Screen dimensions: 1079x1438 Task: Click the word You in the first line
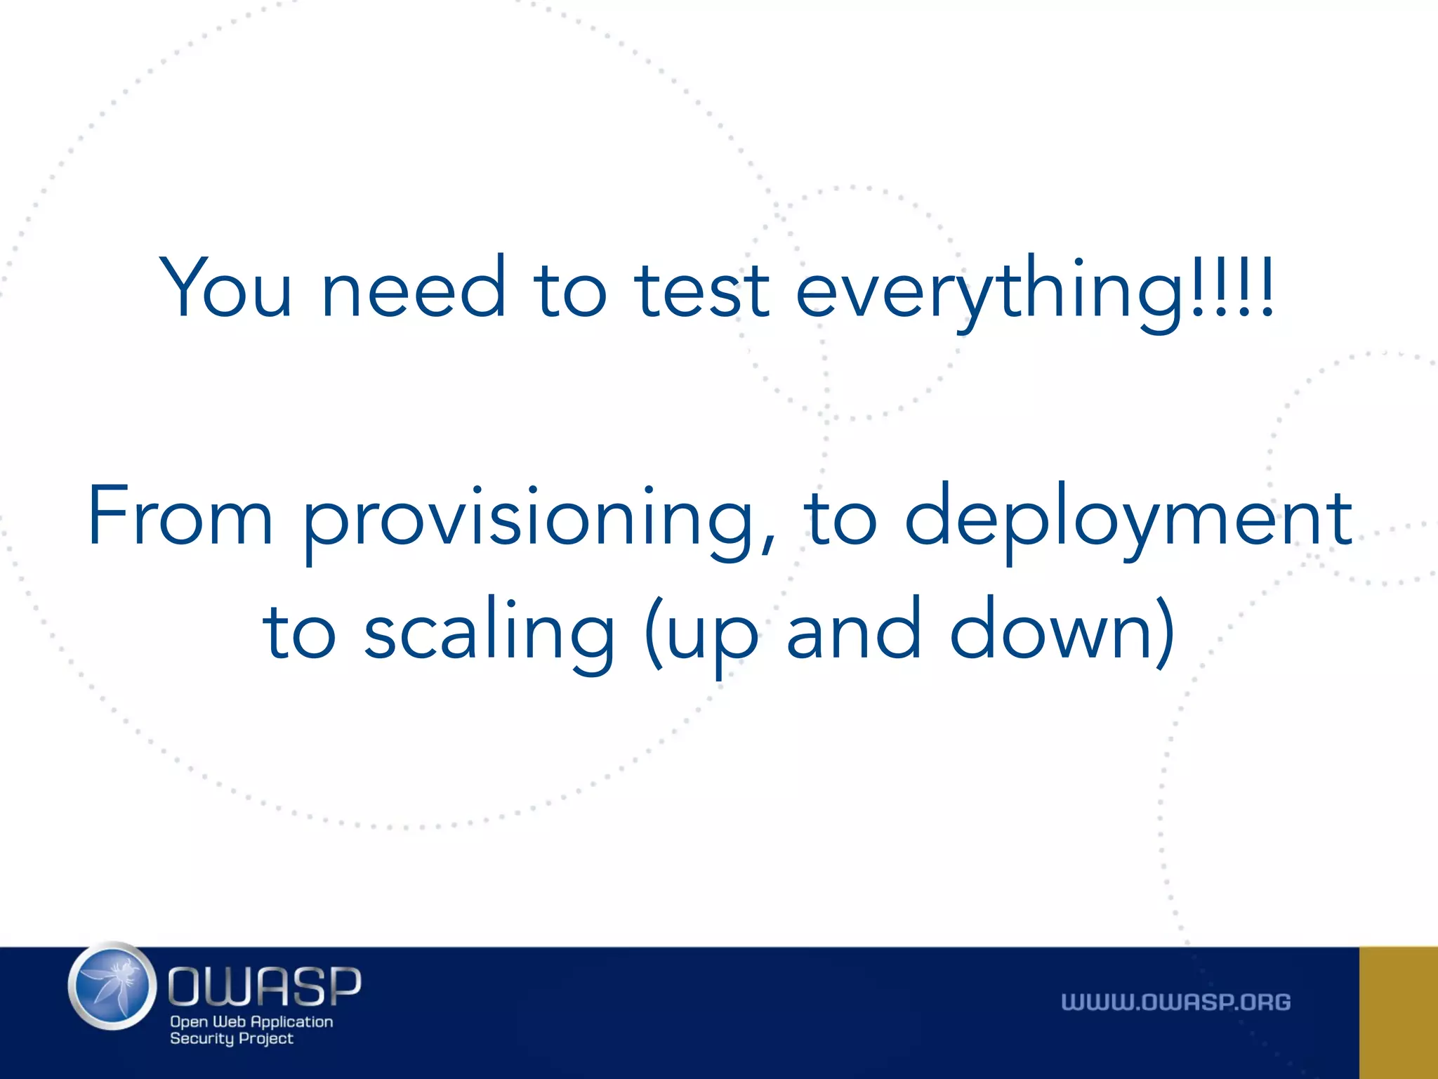(x=225, y=287)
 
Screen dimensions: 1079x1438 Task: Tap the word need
(x=413, y=287)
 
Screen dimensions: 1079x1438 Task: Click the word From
(x=180, y=516)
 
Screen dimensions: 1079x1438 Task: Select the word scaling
(x=489, y=632)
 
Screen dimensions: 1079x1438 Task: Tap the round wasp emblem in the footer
(x=112, y=986)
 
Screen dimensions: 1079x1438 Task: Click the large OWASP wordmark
(x=264, y=986)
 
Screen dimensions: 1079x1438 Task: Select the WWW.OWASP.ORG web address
(x=1175, y=1002)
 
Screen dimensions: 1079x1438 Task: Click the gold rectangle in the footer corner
(x=1398, y=1012)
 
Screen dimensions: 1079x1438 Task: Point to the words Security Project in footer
(x=231, y=1039)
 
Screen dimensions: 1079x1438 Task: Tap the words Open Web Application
(x=251, y=1022)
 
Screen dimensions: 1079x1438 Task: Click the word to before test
(x=569, y=288)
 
